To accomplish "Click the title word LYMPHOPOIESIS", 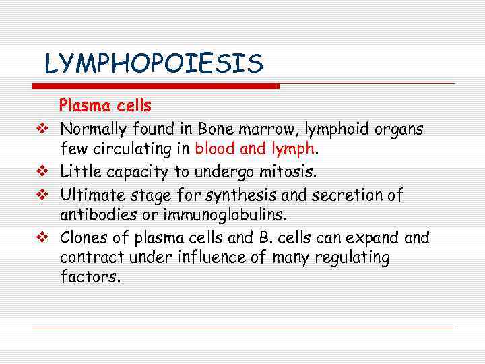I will tap(154, 64).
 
